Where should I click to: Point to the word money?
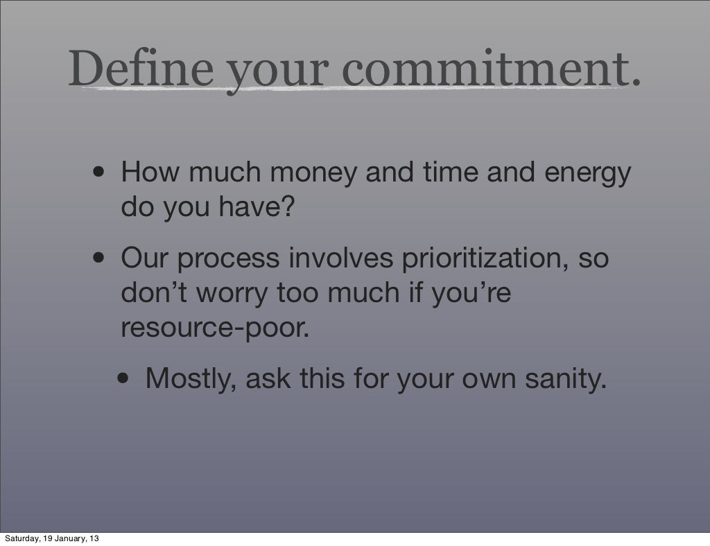pos(313,173)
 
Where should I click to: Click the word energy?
pos(587,174)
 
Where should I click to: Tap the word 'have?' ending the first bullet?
pos(257,206)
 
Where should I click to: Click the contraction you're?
pos(471,293)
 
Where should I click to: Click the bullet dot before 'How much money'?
pos(99,173)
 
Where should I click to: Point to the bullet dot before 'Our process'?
pos(99,258)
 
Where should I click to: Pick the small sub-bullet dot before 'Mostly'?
pos(123,378)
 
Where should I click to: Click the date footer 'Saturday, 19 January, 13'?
pos(51,538)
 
